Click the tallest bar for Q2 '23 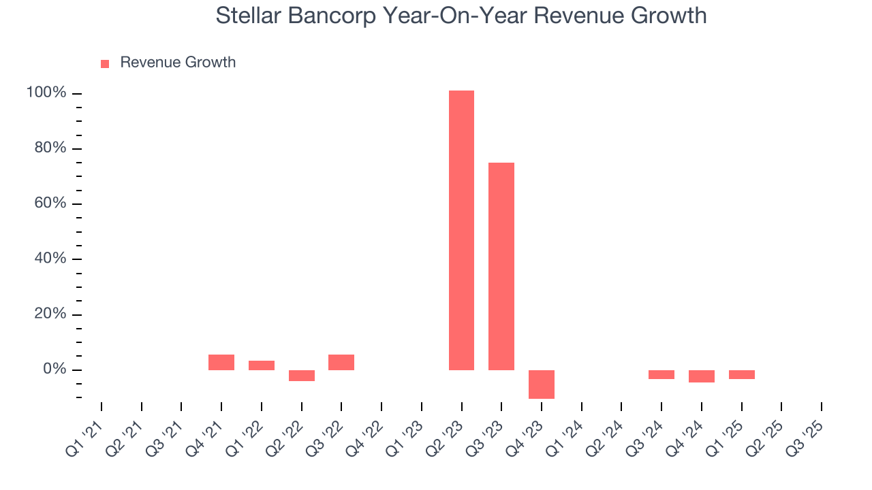(461, 230)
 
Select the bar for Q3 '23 (501, 266)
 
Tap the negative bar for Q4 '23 (542, 384)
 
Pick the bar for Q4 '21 (221, 362)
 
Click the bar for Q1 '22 (262, 365)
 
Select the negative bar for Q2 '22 (302, 376)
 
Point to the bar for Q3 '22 (341, 362)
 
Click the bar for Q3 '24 (661, 374)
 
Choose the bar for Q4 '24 (702, 376)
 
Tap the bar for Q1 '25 (741, 374)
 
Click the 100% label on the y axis (46, 93)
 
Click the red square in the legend (105, 64)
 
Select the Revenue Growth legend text (178, 63)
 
